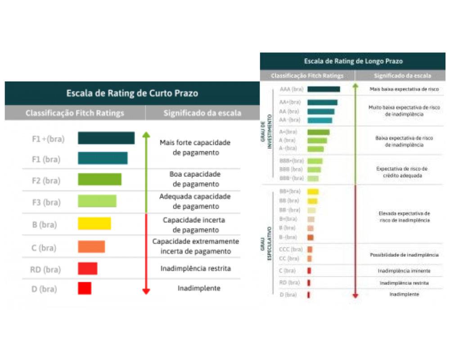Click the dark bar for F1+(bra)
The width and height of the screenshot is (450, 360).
point(106,138)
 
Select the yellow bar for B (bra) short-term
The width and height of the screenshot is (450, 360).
point(94,224)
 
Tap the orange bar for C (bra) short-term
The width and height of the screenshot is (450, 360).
point(91,247)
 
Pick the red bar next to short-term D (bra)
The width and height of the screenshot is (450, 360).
point(85,288)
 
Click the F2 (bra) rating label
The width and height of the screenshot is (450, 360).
point(46,180)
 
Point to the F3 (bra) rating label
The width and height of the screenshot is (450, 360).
point(46,202)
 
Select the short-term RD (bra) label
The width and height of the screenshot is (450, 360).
point(45,270)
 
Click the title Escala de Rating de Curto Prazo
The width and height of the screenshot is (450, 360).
point(132,93)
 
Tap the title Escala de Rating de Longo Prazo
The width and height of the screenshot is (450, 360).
point(353,61)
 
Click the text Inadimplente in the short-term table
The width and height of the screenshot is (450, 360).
point(199,288)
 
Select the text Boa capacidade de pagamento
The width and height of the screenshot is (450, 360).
point(195,179)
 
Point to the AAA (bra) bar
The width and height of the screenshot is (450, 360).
point(324,89)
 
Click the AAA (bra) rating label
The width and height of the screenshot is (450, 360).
point(290,89)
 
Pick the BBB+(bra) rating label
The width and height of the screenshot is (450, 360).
point(291,161)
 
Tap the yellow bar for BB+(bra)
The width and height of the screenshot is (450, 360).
point(313,192)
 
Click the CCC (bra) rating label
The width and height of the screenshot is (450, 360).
point(291,249)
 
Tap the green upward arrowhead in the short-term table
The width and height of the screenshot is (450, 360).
point(146,135)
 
